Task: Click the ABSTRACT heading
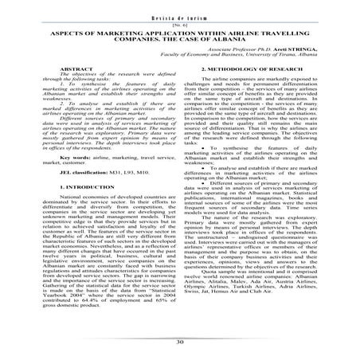click(x=69, y=71)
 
